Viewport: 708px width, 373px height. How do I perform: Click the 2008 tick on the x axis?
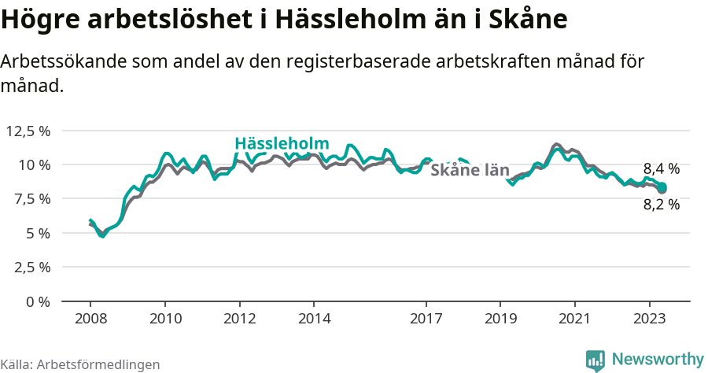(x=90, y=319)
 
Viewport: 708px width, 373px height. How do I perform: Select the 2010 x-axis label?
(x=165, y=319)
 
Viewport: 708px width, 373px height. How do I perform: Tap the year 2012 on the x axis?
(x=240, y=319)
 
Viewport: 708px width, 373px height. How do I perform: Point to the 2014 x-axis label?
(x=314, y=319)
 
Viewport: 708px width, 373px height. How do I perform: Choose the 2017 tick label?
(x=426, y=319)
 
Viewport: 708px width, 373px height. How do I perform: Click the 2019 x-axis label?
(x=500, y=319)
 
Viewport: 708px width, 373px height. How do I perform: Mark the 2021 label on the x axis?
(x=575, y=319)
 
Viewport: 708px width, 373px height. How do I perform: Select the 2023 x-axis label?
(x=649, y=319)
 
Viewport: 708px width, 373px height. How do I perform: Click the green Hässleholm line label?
(x=281, y=143)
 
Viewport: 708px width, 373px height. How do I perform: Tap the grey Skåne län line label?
(x=470, y=169)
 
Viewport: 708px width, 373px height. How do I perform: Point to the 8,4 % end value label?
(x=661, y=168)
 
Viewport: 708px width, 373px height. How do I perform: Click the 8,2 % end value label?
(x=661, y=205)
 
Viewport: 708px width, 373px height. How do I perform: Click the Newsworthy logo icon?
(x=596, y=360)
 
